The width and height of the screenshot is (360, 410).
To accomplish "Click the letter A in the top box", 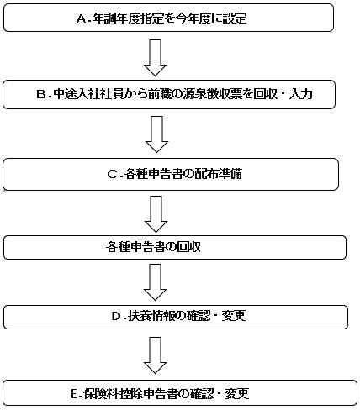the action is (81, 18).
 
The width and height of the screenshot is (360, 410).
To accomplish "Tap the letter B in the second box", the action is (40, 94).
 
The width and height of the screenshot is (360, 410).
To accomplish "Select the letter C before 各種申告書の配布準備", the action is (113, 174).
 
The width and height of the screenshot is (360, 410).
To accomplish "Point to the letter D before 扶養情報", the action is (116, 316).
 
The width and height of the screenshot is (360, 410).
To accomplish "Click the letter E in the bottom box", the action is (74, 394).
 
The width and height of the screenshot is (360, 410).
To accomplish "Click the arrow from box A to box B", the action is (155, 58).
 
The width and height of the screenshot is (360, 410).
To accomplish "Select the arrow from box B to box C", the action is (156, 134).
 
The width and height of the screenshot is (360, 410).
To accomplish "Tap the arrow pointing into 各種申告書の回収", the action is (156, 214).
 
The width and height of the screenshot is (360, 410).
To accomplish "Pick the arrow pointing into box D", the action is (155, 282).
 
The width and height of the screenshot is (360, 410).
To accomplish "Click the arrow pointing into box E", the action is (155, 355).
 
